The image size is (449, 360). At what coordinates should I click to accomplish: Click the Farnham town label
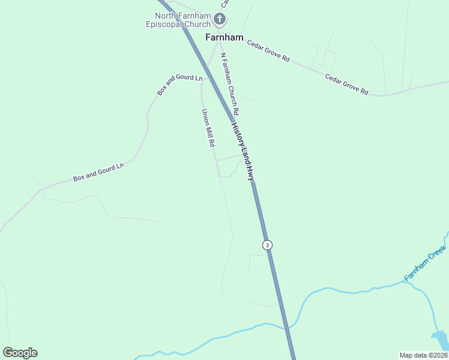tap(224, 37)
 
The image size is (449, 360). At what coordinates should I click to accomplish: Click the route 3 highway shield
tap(267, 245)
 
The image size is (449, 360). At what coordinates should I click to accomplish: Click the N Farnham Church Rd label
tap(230, 84)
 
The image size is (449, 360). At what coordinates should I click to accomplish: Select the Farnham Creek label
tap(426, 265)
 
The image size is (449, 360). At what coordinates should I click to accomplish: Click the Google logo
tap(20, 353)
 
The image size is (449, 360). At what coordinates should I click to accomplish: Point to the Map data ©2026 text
tap(423, 355)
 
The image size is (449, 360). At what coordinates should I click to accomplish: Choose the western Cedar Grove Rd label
tap(268, 52)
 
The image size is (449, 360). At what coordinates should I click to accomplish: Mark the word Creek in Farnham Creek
tap(436, 258)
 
